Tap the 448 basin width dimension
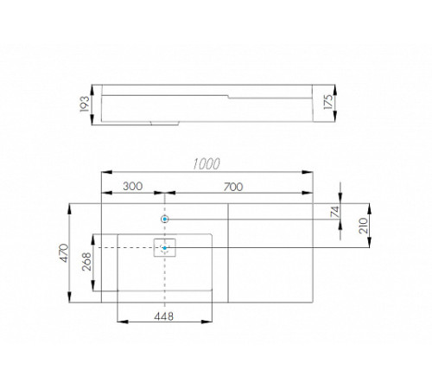click(163, 316)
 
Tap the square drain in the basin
click(165, 248)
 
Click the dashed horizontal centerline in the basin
click(130, 248)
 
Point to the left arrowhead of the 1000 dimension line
click(105, 170)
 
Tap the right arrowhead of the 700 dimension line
click(311, 194)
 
